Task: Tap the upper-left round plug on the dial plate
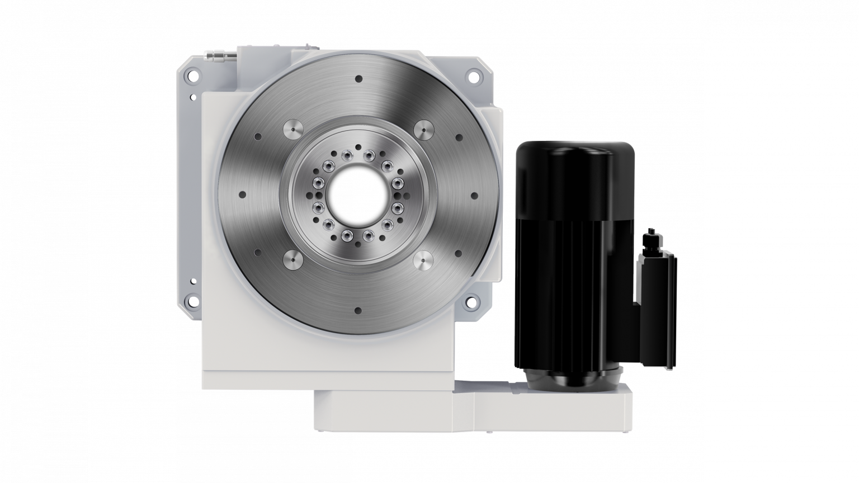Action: tap(293, 130)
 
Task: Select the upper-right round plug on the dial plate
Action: tap(423, 130)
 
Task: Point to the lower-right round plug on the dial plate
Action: tap(423, 260)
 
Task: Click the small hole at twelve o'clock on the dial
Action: tap(358, 79)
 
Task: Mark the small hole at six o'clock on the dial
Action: tap(358, 311)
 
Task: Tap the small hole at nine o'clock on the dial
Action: tap(242, 195)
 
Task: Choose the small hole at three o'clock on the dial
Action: tap(474, 195)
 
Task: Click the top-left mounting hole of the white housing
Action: tap(193, 74)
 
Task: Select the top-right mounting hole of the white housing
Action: tap(474, 75)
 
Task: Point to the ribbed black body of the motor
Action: tap(565, 280)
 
